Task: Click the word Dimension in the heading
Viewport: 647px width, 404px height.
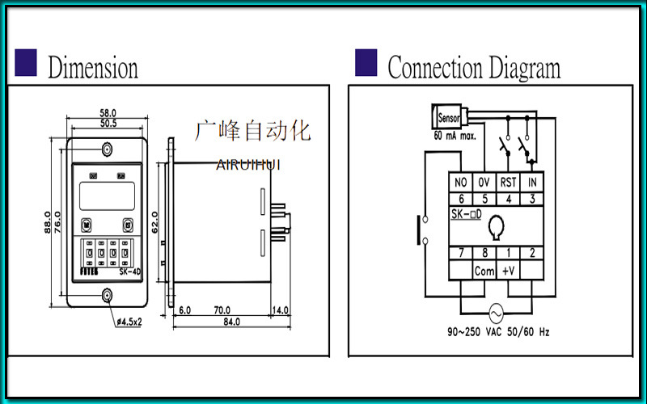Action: [x=92, y=67]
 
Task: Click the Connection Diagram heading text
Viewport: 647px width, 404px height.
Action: [x=473, y=67]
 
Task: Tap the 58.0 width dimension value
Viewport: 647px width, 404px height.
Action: [x=108, y=113]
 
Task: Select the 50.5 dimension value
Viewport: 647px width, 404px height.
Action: [x=108, y=124]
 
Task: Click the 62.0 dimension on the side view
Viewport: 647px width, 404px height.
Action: [x=154, y=221]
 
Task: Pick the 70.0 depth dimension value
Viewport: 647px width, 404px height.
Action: [x=222, y=310]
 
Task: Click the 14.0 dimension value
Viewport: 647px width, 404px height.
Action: [x=280, y=310]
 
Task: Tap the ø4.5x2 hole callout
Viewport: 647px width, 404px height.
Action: [x=129, y=322]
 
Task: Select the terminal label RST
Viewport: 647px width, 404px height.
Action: [x=508, y=183]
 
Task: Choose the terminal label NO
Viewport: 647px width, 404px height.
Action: [x=462, y=183]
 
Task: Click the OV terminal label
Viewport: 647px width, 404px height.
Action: [x=484, y=183]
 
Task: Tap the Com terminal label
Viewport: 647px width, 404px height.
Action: [x=484, y=271]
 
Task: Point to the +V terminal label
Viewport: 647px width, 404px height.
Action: [x=508, y=271]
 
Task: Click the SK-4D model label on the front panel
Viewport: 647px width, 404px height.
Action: [x=129, y=271]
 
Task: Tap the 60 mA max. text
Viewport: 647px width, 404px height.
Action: [x=455, y=135]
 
